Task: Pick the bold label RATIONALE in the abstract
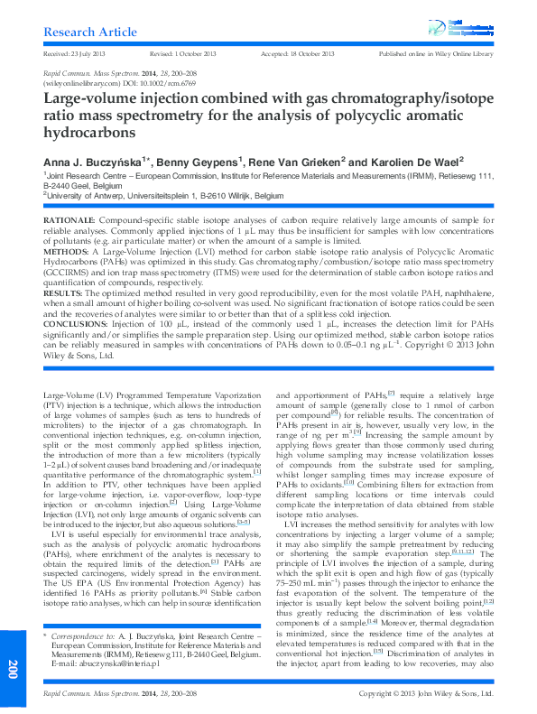[69, 221]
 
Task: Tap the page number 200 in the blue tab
[13, 669]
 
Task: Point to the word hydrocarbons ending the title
[89, 133]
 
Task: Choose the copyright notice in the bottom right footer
[426, 693]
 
